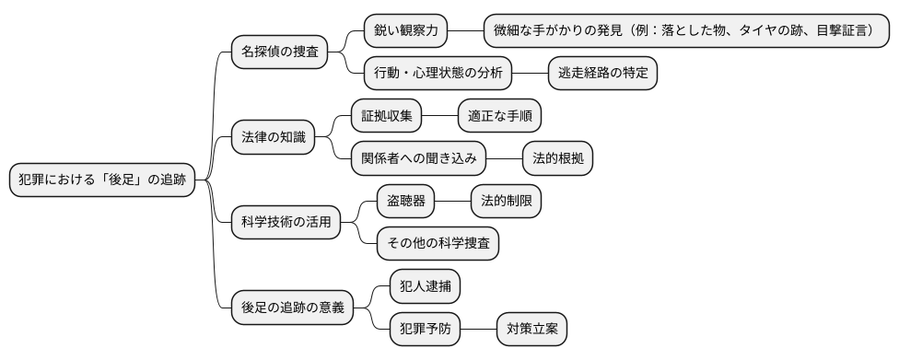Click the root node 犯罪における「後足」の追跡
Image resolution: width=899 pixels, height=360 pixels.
click(x=102, y=180)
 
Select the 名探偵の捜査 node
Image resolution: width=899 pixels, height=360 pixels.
click(x=279, y=52)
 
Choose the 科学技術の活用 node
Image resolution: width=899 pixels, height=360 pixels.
click(x=286, y=222)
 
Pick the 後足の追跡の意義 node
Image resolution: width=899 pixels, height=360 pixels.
click(x=292, y=307)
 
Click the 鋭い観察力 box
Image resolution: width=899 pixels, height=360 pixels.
click(x=405, y=30)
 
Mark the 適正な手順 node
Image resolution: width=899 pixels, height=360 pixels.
click(x=499, y=116)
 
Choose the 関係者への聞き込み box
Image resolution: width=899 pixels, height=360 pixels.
click(x=419, y=158)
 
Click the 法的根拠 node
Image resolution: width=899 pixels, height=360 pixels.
click(x=557, y=158)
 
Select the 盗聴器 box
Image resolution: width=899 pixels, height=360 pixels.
click(x=406, y=201)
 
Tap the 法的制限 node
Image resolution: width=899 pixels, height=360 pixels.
click(x=506, y=201)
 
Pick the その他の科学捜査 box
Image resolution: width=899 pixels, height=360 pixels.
click(x=438, y=243)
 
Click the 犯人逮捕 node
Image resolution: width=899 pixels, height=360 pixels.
click(x=425, y=285)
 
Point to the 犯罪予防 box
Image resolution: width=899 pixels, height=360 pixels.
click(x=426, y=329)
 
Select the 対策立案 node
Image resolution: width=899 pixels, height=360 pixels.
click(x=531, y=329)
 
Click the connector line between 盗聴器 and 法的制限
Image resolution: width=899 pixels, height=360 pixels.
click(x=452, y=201)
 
